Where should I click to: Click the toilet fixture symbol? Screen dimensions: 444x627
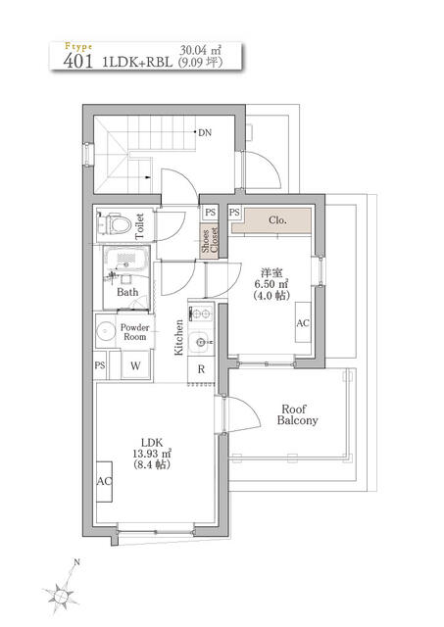pyautogui.click(x=115, y=224)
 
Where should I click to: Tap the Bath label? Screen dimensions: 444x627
pyautogui.click(x=127, y=292)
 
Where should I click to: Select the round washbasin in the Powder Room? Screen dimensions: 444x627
pyautogui.click(x=106, y=331)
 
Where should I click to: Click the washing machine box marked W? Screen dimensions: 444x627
pyautogui.click(x=135, y=365)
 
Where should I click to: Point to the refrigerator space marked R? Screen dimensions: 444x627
pyautogui.click(x=201, y=369)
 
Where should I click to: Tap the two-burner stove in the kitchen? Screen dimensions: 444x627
pyautogui.click(x=201, y=313)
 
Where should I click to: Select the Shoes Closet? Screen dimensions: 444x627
pyautogui.click(x=210, y=240)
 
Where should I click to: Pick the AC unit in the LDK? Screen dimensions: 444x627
pyautogui.click(x=105, y=481)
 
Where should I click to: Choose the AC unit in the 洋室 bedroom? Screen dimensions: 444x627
pyautogui.click(x=303, y=322)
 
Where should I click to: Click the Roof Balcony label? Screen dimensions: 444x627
pyautogui.click(x=297, y=414)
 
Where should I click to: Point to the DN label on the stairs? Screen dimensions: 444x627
pyautogui.click(x=205, y=133)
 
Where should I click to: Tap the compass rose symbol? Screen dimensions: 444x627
pyautogui.click(x=60, y=595)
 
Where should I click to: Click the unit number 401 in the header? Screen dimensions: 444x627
pyautogui.click(x=78, y=61)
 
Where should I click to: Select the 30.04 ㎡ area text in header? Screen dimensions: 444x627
pyautogui.click(x=200, y=51)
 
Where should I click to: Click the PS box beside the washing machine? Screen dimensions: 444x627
pyautogui.click(x=100, y=365)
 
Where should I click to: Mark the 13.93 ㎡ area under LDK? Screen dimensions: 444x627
pyautogui.click(x=152, y=454)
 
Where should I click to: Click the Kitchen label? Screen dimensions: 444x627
pyautogui.click(x=178, y=337)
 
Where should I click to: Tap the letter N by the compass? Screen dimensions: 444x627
pyautogui.click(x=76, y=562)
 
